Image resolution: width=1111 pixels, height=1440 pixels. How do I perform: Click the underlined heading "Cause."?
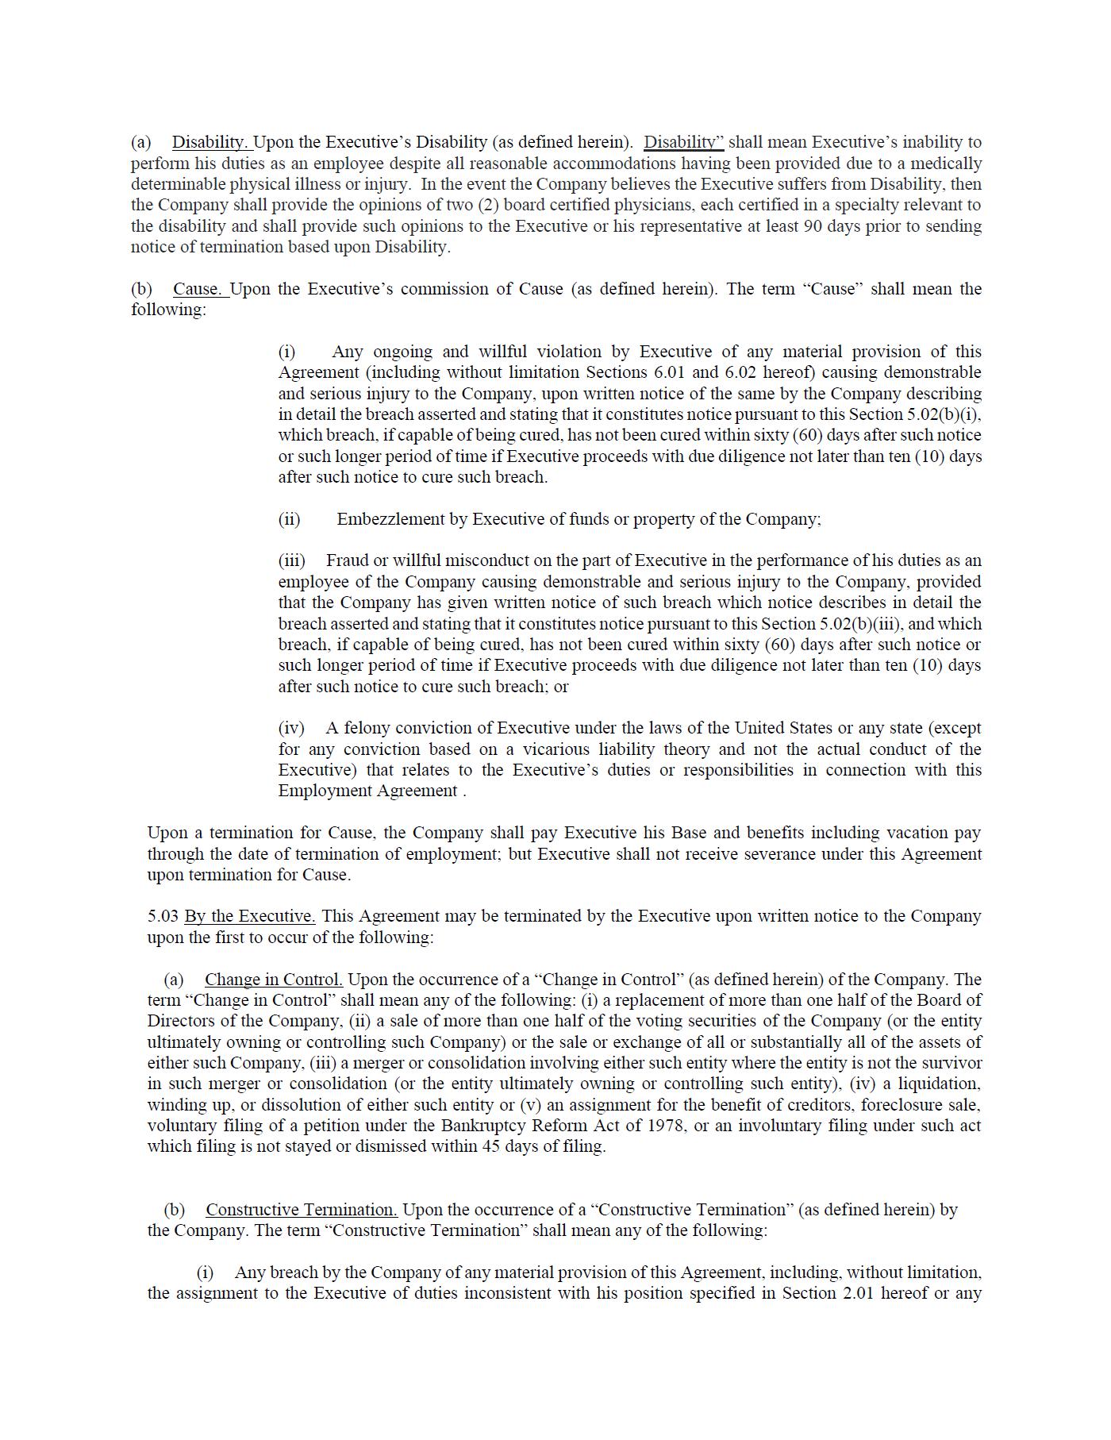pos(201,289)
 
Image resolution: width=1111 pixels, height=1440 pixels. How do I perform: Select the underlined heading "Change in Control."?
pos(273,980)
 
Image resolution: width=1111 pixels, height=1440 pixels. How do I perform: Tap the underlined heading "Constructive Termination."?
pos(302,1210)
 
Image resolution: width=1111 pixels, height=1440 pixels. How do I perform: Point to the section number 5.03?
pos(163,916)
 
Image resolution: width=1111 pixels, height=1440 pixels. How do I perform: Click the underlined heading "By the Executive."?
pos(249,916)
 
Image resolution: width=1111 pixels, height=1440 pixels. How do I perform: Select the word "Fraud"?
pos(347,561)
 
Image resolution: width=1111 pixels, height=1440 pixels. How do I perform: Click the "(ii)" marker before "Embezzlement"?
pos(289,519)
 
